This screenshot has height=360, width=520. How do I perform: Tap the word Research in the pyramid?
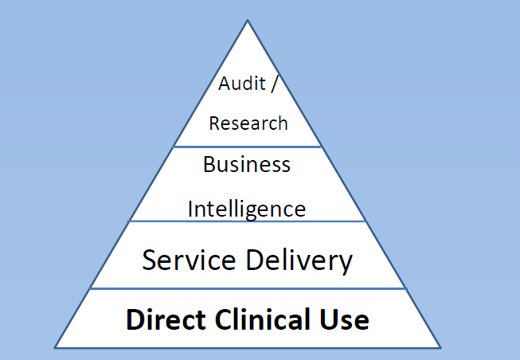coord(248,123)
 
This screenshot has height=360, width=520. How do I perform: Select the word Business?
coord(247,166)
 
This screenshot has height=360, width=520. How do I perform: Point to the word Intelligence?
coord(247,209)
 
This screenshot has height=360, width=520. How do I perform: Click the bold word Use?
coord(346,319)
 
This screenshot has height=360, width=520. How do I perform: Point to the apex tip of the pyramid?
coord(247,21)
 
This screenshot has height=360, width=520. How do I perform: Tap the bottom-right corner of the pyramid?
coord(440,347)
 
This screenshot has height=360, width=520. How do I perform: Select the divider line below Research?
coord(247,147)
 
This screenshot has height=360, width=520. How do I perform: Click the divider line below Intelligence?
coord(247,221)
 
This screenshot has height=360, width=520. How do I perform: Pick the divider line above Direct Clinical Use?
coord(247,288)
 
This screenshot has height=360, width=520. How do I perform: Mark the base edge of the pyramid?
coord(247,347)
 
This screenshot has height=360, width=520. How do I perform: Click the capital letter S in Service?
coord(150,260)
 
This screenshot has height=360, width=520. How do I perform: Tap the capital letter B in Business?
coord(209,166)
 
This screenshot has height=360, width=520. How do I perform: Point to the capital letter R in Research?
coord(214,123)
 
